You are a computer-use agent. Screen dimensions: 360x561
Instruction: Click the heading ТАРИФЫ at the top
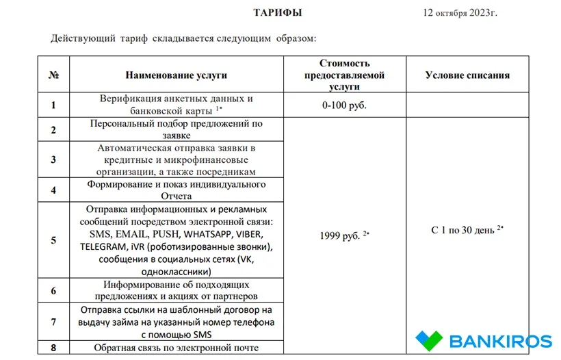pyautogui.click(x=277, y=13)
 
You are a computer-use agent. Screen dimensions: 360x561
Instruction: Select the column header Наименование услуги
pyautogui.click(x=176, y=75)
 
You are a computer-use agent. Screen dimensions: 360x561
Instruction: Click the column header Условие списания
pyautogui.click(x=467, y=75)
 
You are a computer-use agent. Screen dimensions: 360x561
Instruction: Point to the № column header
pyautogui.click(x=53, y=75)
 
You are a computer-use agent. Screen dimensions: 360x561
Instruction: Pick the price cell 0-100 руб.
pyautogui.click(x=344, y=105)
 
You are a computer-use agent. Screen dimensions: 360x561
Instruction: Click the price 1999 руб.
pyautogui.click(x=341, y=235)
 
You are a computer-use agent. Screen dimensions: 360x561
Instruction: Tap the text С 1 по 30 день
pyautogui.click(x=462, y=230)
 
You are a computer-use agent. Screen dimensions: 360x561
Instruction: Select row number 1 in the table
pyautogui.click(x=53, y=105)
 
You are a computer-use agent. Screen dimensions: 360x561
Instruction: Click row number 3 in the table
pyautogui.click(x=53, y=159)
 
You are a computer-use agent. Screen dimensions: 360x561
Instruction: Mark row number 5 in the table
pyautogui.click(x=53, y=240)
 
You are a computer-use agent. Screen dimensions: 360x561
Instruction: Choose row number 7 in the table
pyautogui.click(x=53, y=321)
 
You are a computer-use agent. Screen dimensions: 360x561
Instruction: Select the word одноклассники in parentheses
pyautogui.click(x=175, y=271)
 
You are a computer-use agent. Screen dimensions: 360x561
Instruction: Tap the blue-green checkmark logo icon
pyautogui.click(x=430, y=340)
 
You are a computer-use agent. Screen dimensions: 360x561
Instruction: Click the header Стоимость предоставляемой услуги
pyautogui.click(x=344, y=75)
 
